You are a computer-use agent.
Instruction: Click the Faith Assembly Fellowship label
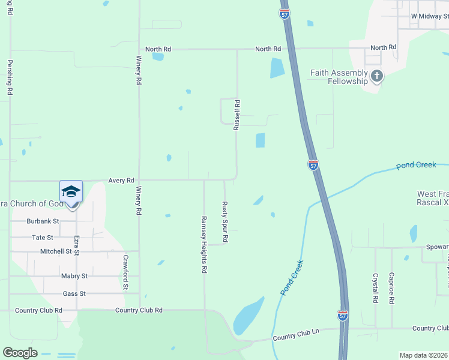coord(339,77)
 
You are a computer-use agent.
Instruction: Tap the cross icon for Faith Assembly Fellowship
coord(376,76)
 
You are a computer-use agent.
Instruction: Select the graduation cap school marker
coord(71,192)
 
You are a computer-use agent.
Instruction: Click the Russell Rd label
coord(237,116)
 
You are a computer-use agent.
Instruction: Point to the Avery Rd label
coord(121,180)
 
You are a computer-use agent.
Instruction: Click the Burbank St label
coord(42,221)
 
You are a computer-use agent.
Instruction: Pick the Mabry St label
coord(74,276)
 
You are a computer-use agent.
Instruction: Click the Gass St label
coord(74,293)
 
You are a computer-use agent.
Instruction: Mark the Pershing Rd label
coord(10,77)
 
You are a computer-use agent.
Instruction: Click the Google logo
coord(20,353)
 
